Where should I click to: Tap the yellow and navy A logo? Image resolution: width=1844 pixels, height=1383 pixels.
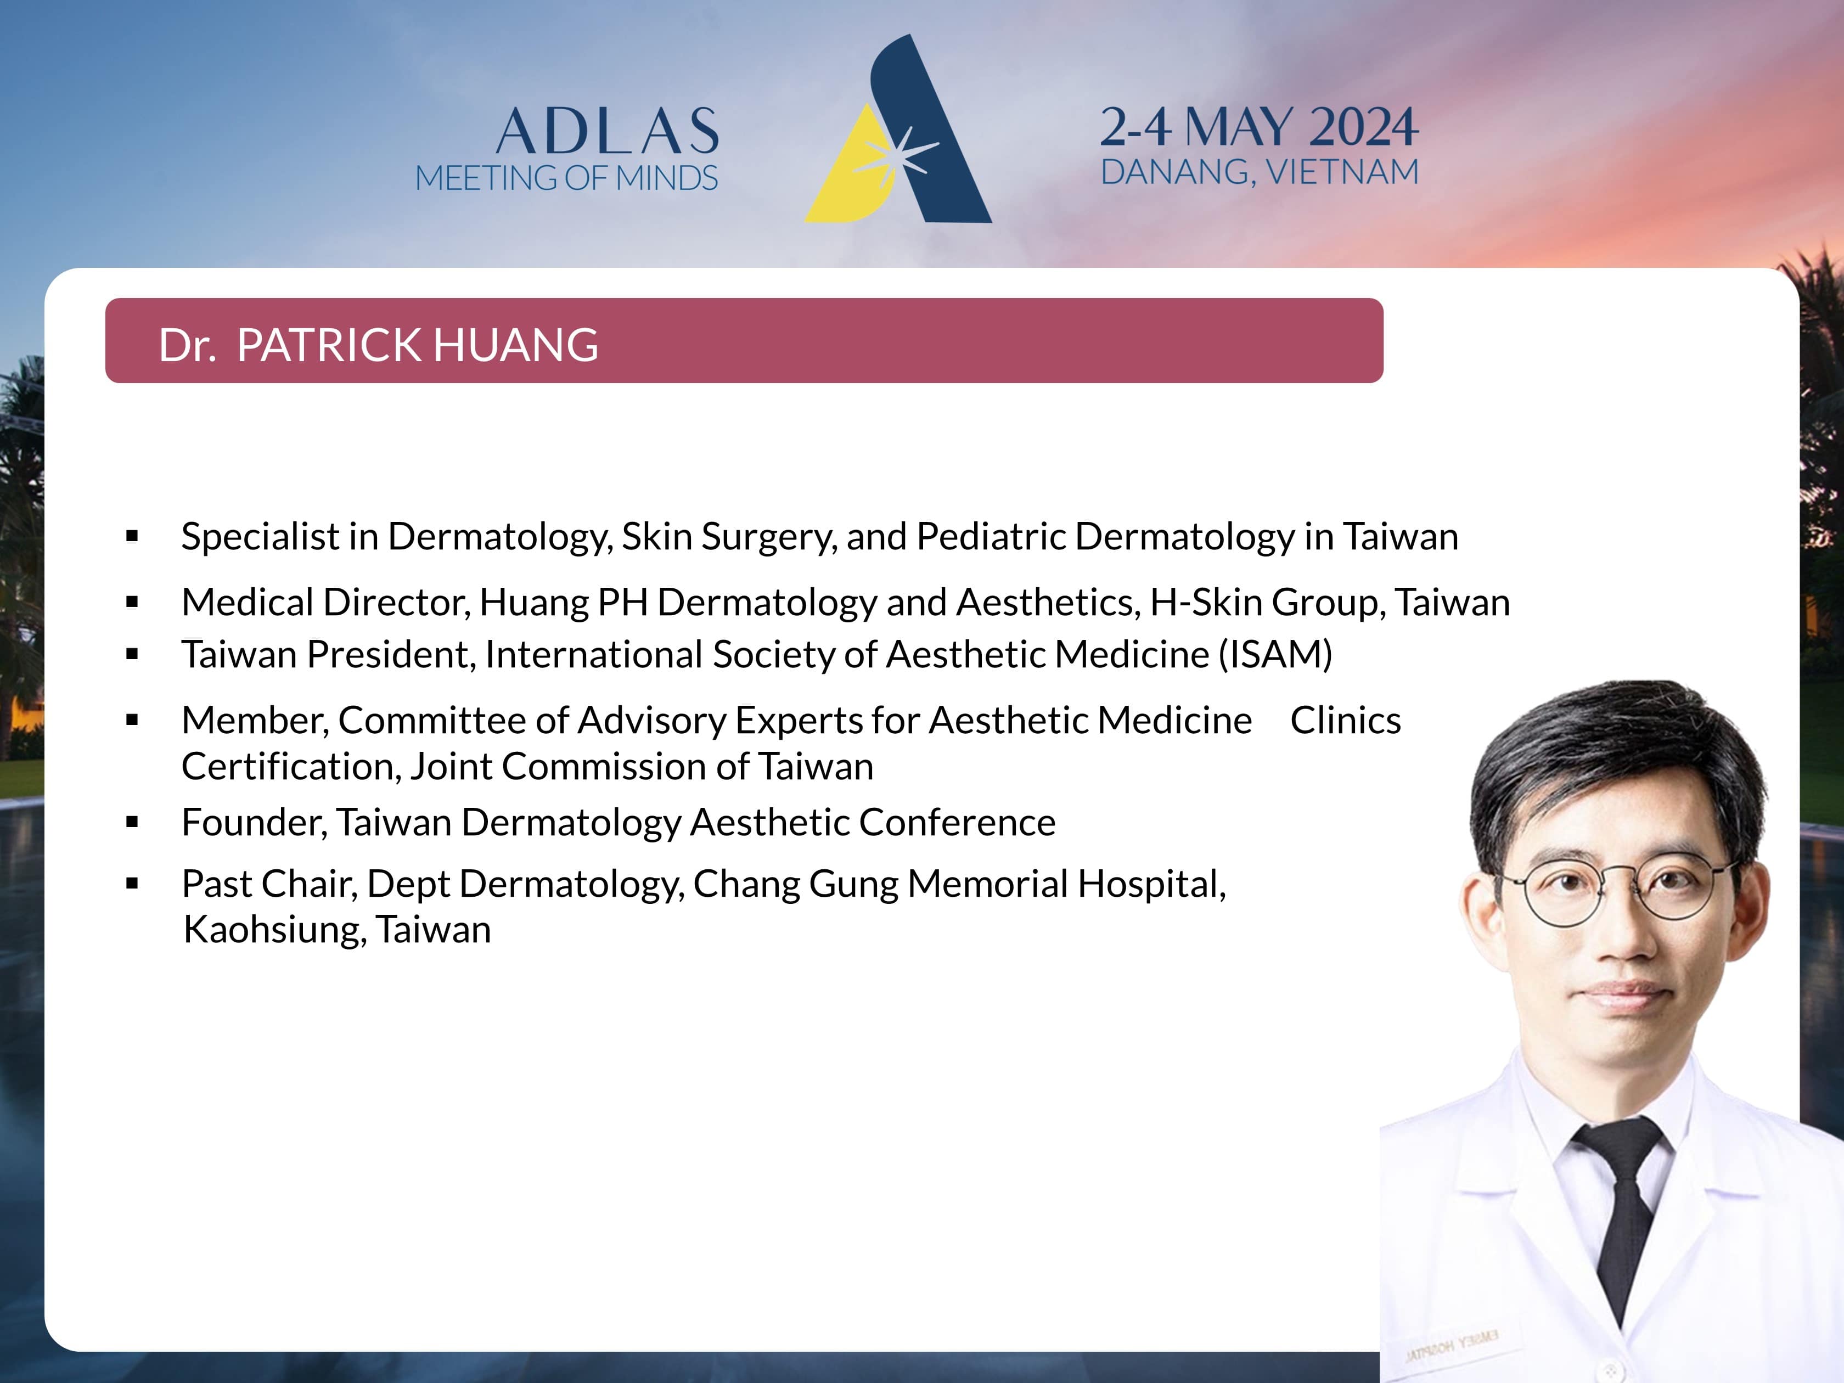[x=898, y=129]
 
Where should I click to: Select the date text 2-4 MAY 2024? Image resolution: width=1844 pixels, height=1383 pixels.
[x=1259, y=127]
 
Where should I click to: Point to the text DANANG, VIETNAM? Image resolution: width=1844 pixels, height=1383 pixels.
[x=1260, y=172]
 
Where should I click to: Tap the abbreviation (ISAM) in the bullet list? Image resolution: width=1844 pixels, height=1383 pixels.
[x=1275, y=654]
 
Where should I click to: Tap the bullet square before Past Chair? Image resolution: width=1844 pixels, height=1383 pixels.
[x=132, y=884]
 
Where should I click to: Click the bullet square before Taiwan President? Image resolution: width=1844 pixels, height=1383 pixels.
[x=132, y=654]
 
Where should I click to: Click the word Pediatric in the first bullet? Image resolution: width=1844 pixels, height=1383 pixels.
[x=991, y=536]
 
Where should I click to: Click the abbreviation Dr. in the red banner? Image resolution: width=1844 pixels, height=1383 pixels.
[x=188, y=345]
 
